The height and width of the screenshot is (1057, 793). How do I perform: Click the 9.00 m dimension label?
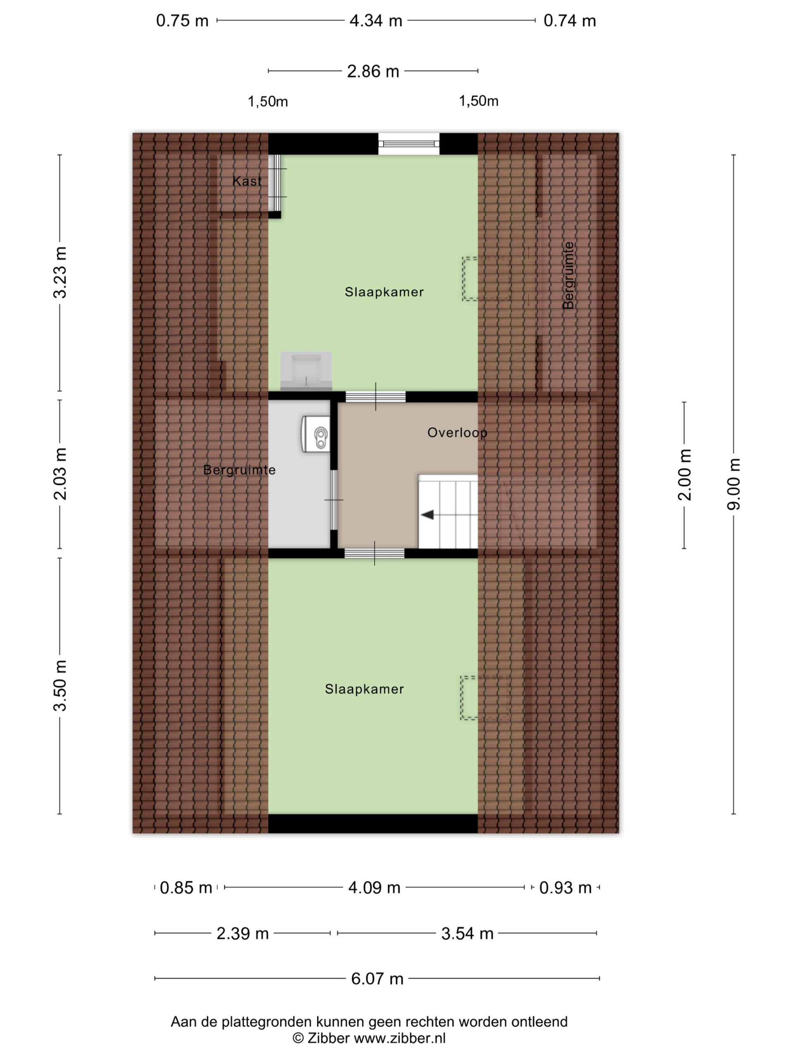click(733, 483)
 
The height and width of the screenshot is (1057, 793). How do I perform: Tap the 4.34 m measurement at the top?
click(376, 21)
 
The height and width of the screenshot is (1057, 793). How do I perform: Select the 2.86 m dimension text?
click(373, 71)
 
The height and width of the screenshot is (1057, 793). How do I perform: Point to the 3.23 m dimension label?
click(60, 273)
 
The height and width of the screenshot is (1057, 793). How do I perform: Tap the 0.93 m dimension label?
click(565, 888)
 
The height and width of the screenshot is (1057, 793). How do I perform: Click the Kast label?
click(247, 181)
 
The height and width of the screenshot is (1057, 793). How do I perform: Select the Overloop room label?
click(457, 432)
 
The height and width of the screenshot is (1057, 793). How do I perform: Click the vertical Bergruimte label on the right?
click(568, 275)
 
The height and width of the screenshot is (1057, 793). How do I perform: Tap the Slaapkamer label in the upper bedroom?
click(384, 292)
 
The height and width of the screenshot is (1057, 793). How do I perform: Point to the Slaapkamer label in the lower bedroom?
click(364, 689)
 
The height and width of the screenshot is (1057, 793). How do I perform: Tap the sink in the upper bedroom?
click(306, 371)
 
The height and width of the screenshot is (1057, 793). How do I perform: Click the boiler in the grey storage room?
click(316, 434)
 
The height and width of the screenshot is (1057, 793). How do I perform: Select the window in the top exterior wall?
click(409, 143)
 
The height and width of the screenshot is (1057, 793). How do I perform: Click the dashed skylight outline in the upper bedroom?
click(486, 279)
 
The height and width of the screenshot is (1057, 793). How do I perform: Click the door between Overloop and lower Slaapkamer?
click(374, 553)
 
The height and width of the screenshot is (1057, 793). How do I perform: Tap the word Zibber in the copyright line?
click(328, 1038)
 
